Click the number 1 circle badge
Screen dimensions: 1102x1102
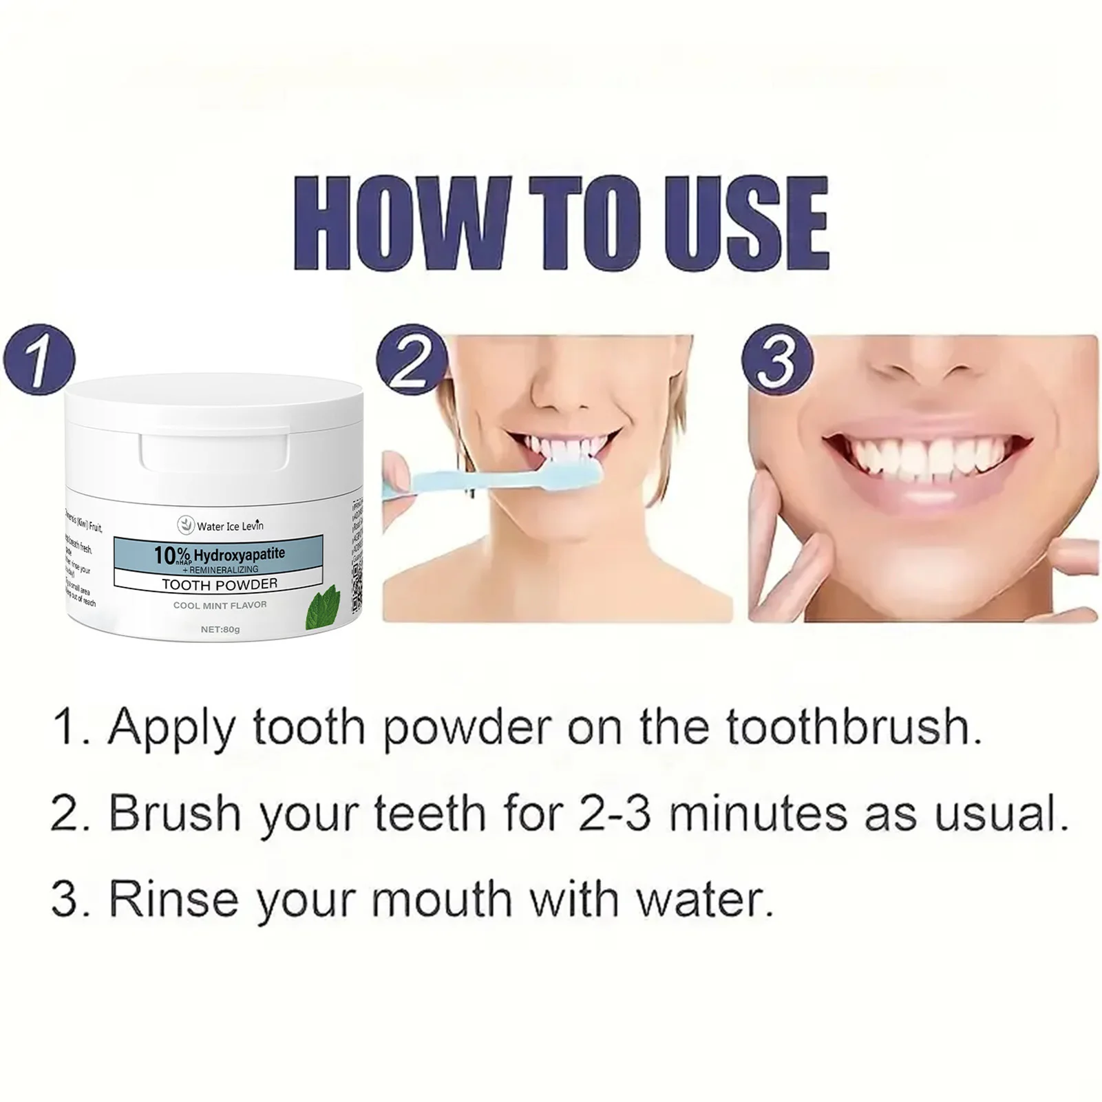point(39,359)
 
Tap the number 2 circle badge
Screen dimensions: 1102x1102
point(412,359)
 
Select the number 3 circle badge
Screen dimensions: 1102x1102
point(776,359)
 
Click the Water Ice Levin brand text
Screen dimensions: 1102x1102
point(229,526)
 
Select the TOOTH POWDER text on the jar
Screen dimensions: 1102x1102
point(220,584)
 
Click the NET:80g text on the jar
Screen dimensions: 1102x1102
point(220,629)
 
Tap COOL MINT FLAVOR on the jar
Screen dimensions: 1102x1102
point(220,605)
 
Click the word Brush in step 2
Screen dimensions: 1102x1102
point(176,813)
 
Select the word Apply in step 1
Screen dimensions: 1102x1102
point(172,728)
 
